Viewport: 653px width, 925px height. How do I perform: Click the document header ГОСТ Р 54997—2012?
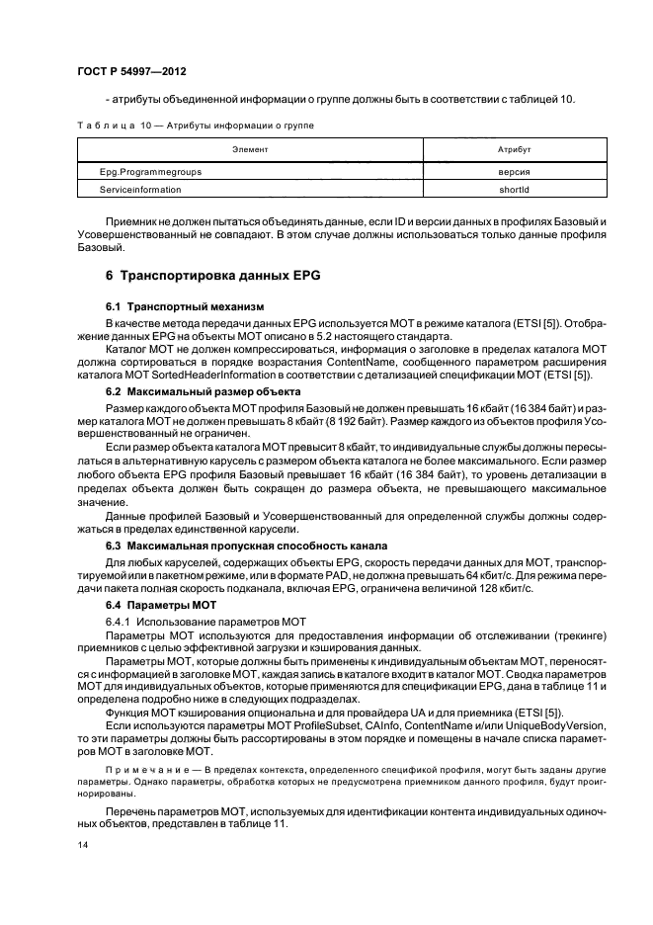point(131,72)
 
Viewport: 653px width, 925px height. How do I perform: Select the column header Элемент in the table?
point(250,148)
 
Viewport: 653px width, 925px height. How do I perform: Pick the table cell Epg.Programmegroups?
point(151,171)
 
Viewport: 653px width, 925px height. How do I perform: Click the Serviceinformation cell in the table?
point(140,188)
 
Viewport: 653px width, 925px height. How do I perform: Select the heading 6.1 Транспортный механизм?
point(184,307)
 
